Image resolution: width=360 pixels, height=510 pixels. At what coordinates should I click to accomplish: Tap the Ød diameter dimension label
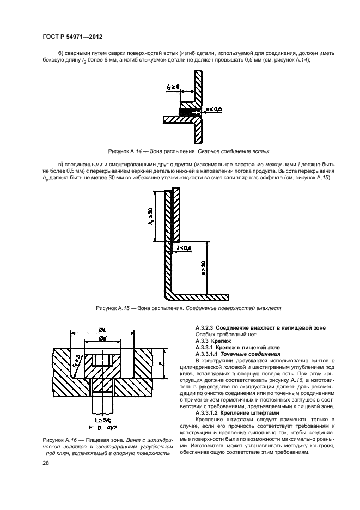[103, 339]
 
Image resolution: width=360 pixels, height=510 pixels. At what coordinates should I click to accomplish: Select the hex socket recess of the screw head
[103, 360]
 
